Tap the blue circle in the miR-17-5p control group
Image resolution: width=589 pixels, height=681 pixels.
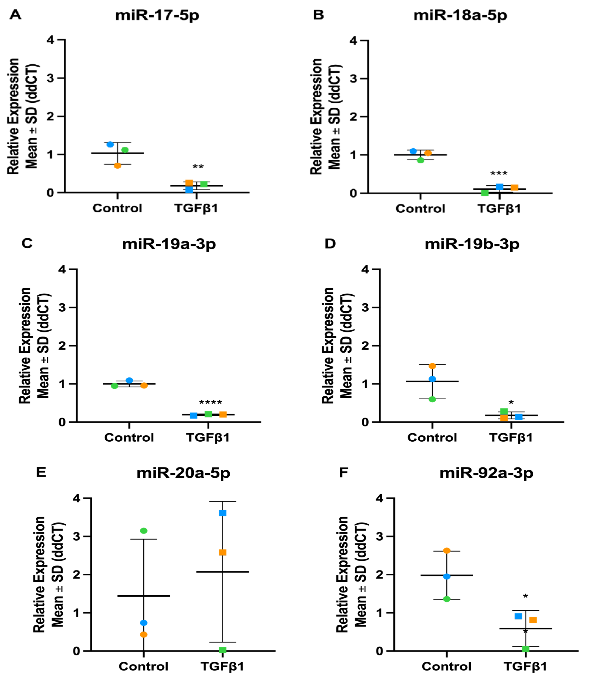click(110, 144)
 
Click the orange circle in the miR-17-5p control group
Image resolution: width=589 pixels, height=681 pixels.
click(117, 166)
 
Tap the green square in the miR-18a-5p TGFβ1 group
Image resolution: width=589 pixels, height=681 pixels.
click(485, 193)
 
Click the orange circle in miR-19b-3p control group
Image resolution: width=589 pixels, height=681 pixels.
click(432, 366)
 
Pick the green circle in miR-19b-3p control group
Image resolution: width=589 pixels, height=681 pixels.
click(432, 399)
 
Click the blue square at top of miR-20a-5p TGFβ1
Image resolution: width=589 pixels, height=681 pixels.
click(222, 513)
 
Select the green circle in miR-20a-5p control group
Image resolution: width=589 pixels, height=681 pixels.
click(144, 531)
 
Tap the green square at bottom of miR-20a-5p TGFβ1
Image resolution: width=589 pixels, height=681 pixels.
click(222, 650)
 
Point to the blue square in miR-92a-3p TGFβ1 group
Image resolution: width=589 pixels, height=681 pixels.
click(518, 616)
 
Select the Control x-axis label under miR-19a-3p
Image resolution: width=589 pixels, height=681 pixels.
click(129, 438)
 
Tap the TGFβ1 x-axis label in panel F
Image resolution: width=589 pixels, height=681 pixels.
click(525, 666)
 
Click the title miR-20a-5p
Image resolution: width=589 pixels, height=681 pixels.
click(183, 473)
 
